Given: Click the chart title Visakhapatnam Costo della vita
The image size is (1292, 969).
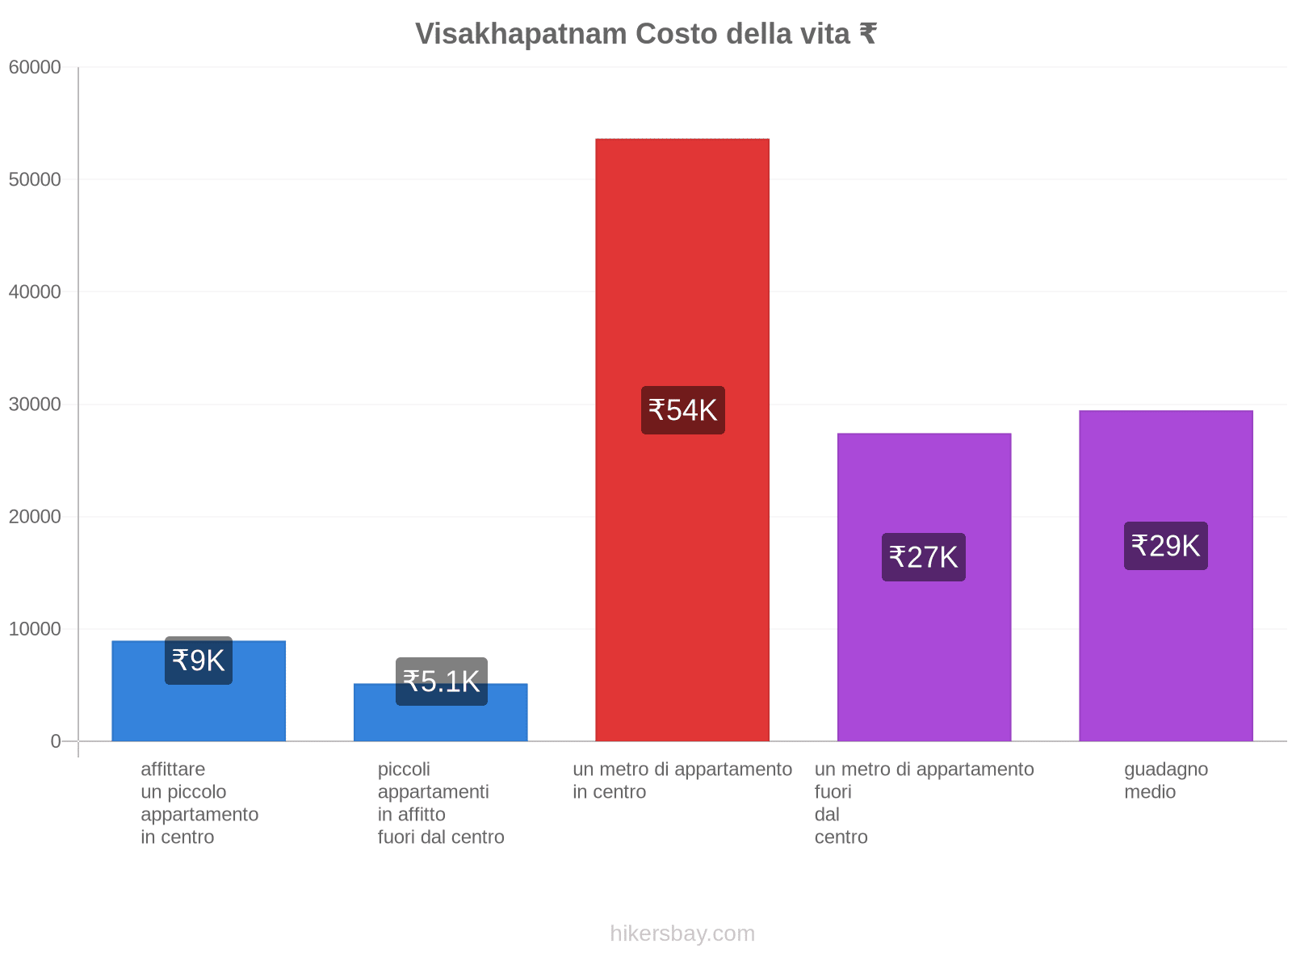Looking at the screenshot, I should (x=645, y=34).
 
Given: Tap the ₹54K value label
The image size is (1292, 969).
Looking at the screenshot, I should (x=682, y=410).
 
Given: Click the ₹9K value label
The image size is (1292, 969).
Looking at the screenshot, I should (x=199, y=661).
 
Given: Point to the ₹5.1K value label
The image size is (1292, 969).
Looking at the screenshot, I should (x=441, y=682).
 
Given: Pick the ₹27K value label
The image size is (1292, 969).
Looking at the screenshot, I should (x=923, y=557).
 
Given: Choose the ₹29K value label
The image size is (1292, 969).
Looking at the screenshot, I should (x=1165, y=546).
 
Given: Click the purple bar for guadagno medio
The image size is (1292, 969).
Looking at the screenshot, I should (x=1165, y=646).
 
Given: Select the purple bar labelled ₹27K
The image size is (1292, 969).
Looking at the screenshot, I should (x=924, y=662).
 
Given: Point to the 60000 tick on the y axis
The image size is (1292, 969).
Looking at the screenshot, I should (x=35, y=67).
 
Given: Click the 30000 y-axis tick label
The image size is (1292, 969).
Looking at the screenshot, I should (x=35, y=404).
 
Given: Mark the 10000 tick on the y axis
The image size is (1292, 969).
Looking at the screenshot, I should (x=35, y=629).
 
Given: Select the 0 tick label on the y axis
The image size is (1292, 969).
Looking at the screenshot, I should (x=56, y=741).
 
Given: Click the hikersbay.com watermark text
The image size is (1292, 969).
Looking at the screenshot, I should (x=682, y=933).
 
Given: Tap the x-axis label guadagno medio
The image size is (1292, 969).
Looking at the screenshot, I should (x=1165, y=780).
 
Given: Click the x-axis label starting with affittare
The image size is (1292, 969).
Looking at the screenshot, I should (x=199, y=803).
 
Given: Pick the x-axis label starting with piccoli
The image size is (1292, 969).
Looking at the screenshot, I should (x=441, y=803).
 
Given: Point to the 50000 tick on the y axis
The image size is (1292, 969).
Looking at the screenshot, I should (x=35, y=179).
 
